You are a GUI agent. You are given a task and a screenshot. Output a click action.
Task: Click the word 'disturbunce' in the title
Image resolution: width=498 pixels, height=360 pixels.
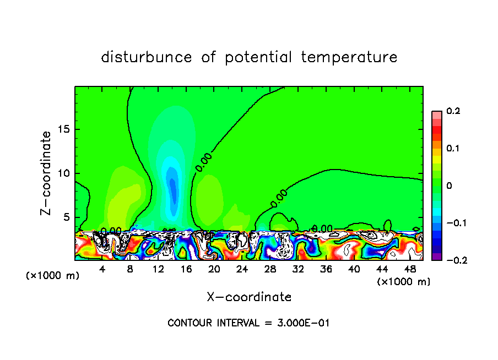[147, 57]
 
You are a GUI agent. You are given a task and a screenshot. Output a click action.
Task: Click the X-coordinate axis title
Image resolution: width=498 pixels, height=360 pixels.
[249, 297]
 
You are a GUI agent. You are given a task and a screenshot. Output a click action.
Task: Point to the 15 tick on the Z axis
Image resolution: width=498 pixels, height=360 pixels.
[64, 129]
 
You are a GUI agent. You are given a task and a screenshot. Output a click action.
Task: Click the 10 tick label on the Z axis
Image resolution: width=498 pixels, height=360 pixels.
[64, 173]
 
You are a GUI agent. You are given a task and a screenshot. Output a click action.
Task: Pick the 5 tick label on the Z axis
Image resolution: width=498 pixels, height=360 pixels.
[67, 217]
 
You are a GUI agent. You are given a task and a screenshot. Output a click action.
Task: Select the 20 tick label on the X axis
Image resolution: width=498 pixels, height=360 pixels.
[214, 269]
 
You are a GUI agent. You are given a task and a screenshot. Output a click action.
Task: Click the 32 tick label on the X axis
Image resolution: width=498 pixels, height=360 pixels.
[298, 269]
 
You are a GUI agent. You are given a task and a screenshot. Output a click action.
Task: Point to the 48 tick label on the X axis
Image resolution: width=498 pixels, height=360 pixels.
[410, 269]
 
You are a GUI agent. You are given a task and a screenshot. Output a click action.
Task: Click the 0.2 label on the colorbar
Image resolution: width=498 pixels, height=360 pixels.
[453, 111]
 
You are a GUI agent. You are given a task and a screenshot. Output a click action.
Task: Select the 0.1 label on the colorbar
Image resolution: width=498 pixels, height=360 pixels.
[453, 149]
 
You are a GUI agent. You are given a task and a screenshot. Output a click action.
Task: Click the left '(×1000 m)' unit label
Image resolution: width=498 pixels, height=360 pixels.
[53, 276]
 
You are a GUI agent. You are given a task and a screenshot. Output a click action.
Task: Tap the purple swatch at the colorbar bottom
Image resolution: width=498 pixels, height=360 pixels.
[436, 256]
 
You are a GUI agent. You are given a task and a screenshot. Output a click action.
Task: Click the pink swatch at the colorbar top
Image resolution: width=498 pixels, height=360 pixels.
[436, 114]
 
